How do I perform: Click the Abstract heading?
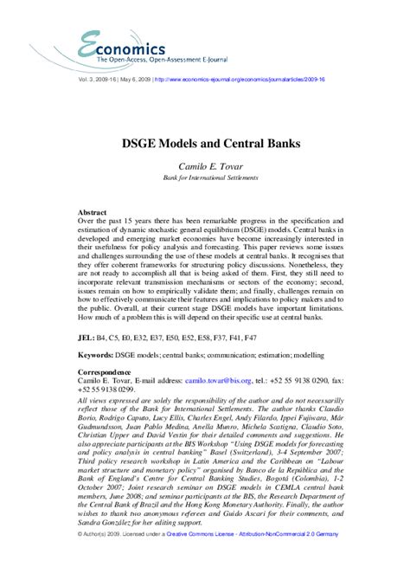click(x=93, y=212)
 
